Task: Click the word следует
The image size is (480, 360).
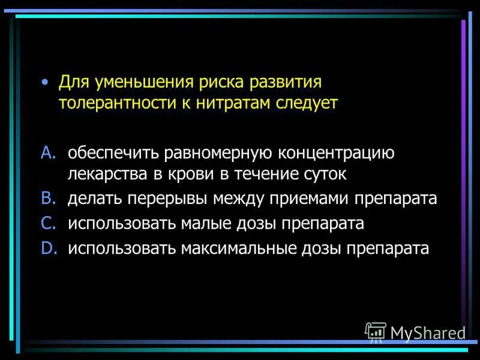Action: point(308,103)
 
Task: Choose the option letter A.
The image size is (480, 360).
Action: point(48,153)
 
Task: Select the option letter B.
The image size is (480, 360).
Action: point(48,199)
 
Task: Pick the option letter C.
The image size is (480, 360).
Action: point(48,223)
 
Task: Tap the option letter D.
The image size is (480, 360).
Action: point(48,247)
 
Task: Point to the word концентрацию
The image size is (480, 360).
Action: point(336,154)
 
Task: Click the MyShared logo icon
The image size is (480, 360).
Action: point(376,332)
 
